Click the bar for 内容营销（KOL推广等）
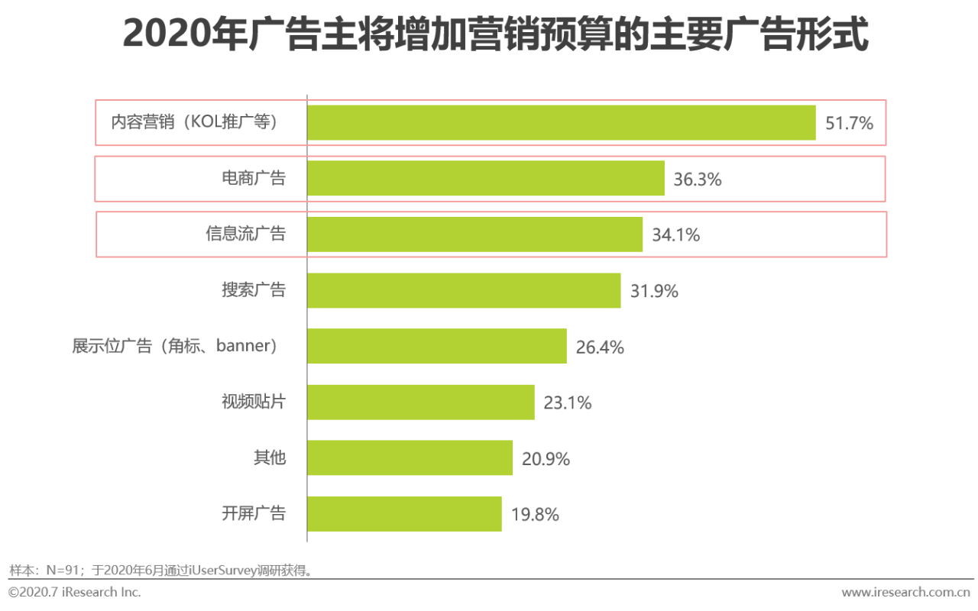click(562, 122)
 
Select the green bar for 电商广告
click(486, 179)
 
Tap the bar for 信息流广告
click(474, 234)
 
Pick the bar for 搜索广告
click(464, 290)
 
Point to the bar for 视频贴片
click(421, 402)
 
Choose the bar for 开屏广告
click(404, 514)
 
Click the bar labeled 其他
click(410, 458)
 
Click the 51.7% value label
click(849, 123)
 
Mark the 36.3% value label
click(697, 179)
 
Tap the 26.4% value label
click(600, 348)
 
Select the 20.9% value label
click(546, 459)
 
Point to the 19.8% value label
click(535, 515)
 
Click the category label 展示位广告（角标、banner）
click(175, 346)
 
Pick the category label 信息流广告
click(245, 234)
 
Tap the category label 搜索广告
click(254, 290)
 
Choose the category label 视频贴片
click(254, 402)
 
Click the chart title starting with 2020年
click(495, 36)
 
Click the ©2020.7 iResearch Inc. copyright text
click(75, 592)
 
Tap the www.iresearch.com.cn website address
click(906, 592)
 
